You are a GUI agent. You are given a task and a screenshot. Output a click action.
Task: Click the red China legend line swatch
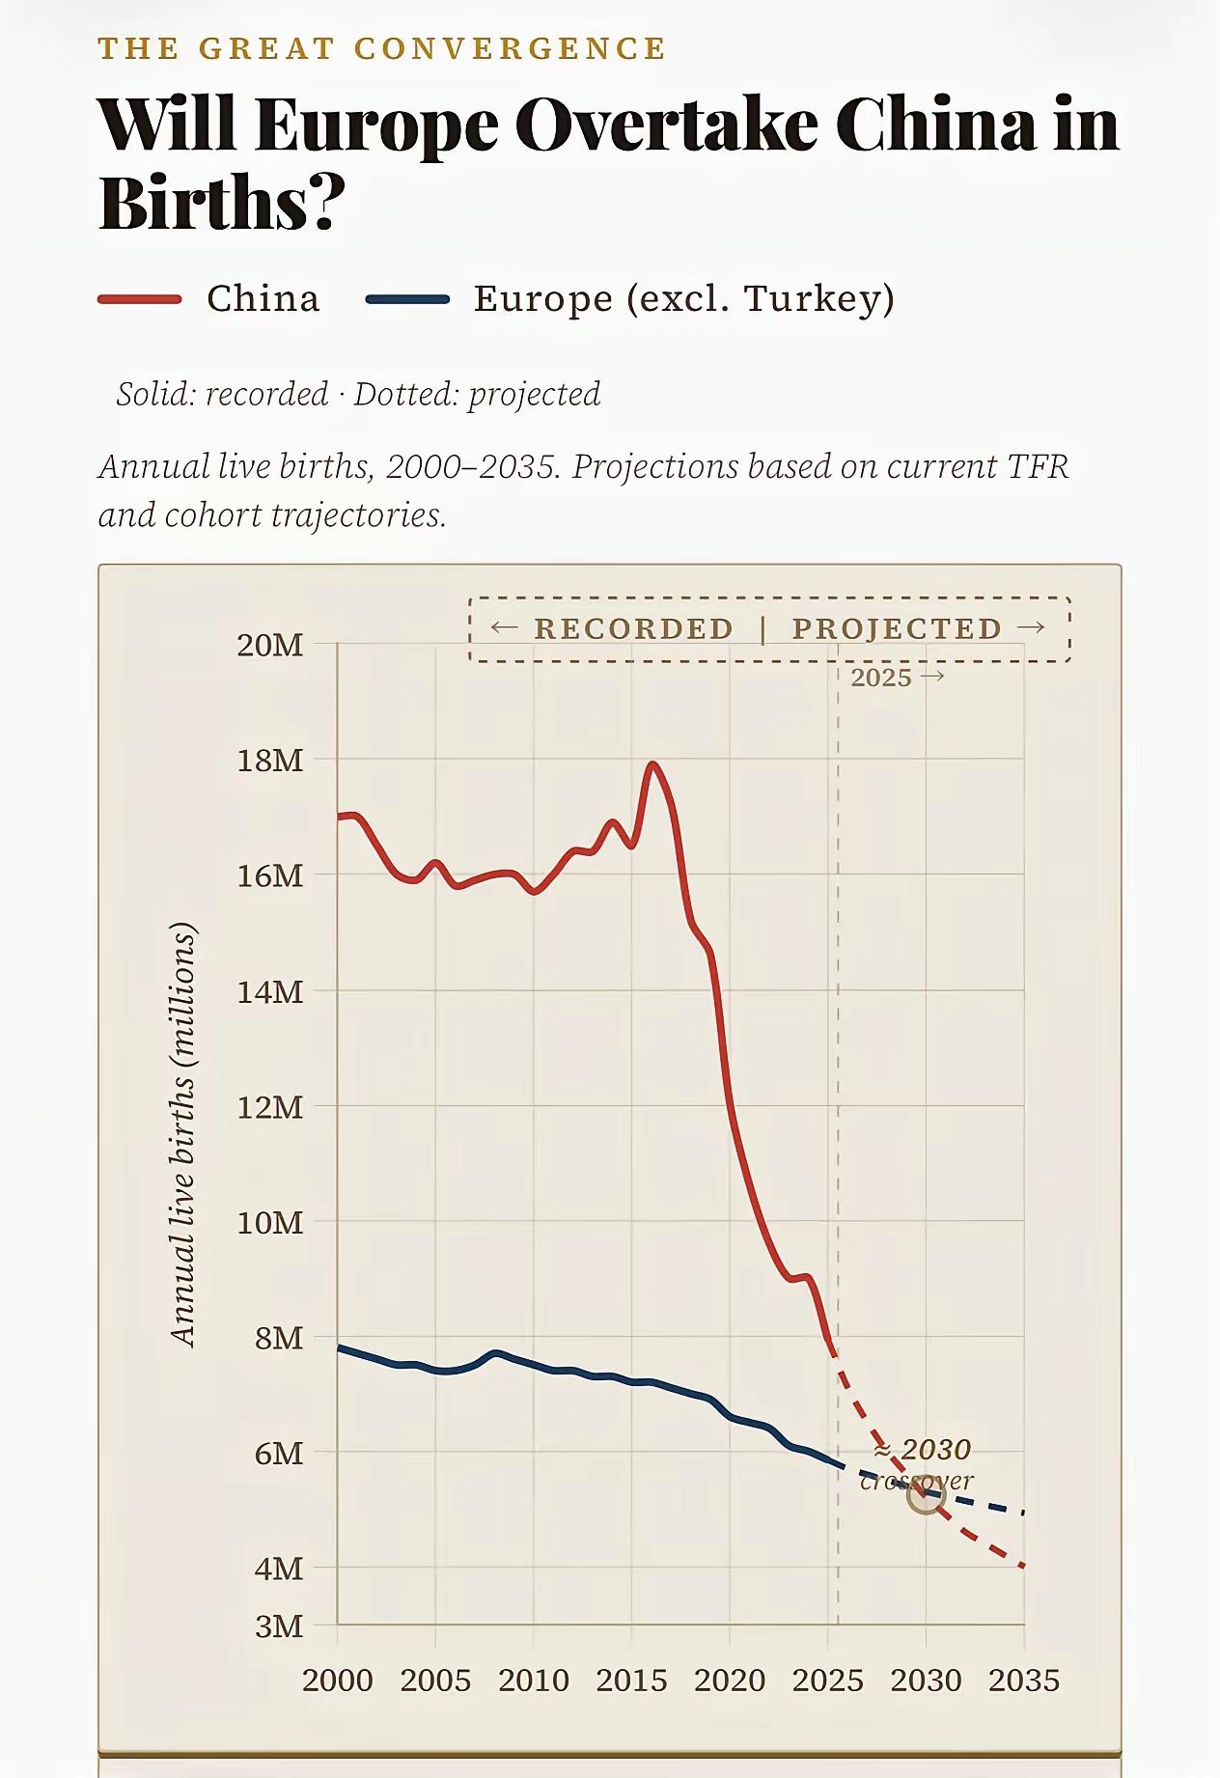point(140,299)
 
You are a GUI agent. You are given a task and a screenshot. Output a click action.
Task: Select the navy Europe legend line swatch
point(407,299)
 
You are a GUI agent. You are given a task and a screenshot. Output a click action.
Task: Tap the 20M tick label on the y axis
point(270,645)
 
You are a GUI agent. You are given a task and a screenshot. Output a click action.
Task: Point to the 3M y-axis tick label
point(279,1626)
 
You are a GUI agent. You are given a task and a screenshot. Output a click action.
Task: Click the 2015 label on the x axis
point(631,1681)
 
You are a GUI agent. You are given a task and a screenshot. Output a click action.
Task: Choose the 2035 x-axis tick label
point(1023,1681)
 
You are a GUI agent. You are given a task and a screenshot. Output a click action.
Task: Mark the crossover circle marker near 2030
point(926,1496)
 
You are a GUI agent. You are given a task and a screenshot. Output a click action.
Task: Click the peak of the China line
point(653,764)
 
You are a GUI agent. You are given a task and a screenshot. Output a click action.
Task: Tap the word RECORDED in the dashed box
point(633,628)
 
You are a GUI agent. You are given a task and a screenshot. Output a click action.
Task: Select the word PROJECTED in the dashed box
point(897,628)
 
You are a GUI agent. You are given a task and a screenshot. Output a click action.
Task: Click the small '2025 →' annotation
point(897,678)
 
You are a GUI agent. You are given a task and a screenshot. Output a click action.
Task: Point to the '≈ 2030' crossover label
point(922,1450)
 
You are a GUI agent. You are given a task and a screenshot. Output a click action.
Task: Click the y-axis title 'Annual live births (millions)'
point(182,1134)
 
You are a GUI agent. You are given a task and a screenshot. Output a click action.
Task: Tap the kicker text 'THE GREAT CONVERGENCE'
point(382,48)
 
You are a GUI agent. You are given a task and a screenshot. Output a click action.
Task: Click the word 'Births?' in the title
point(222,203)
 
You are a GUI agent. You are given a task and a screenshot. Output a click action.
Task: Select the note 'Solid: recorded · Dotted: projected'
point(358,394)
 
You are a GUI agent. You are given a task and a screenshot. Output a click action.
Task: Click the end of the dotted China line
point(1022,1566)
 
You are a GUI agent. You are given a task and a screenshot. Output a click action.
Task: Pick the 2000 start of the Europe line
point(339,1347)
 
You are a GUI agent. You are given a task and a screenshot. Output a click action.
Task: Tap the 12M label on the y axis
point(270,1107)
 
